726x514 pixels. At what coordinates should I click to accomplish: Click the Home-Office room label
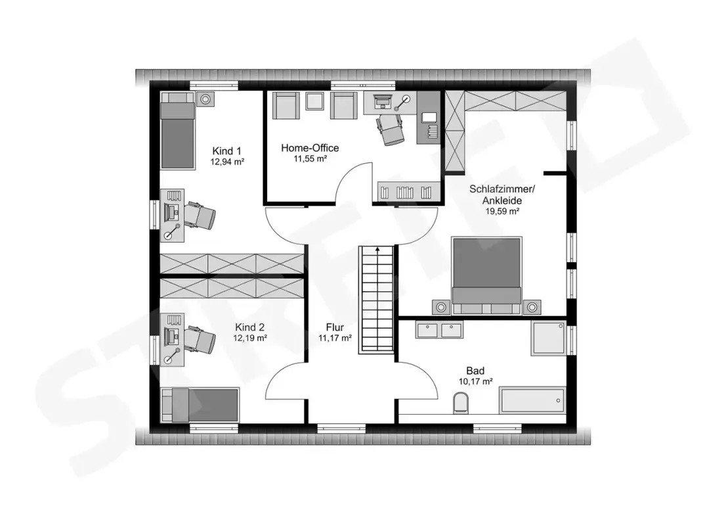click(310, 148)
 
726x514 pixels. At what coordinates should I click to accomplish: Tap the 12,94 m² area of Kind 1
click(227, 162)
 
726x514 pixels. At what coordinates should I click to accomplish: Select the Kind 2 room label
click(249, 326)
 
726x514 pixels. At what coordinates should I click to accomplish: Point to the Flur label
click(335, 327)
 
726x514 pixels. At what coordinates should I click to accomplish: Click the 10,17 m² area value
click(475, 382)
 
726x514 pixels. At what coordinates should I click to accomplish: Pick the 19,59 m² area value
click(502, 212)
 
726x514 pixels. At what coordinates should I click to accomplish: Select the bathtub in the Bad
click(532, 401)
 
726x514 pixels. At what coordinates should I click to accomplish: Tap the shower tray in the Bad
click(548, 338)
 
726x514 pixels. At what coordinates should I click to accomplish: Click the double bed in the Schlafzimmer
click(486, 276)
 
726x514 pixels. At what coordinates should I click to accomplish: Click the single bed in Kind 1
click(177, 130)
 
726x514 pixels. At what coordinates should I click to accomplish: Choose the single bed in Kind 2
click(200, 405)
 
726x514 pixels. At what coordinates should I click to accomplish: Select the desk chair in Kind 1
click(200, 215)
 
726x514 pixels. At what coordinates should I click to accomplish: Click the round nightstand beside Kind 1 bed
click(205, 99)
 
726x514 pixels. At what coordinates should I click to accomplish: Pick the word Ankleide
click(502, 200)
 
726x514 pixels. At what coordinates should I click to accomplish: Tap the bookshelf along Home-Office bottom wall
click(406, 191)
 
